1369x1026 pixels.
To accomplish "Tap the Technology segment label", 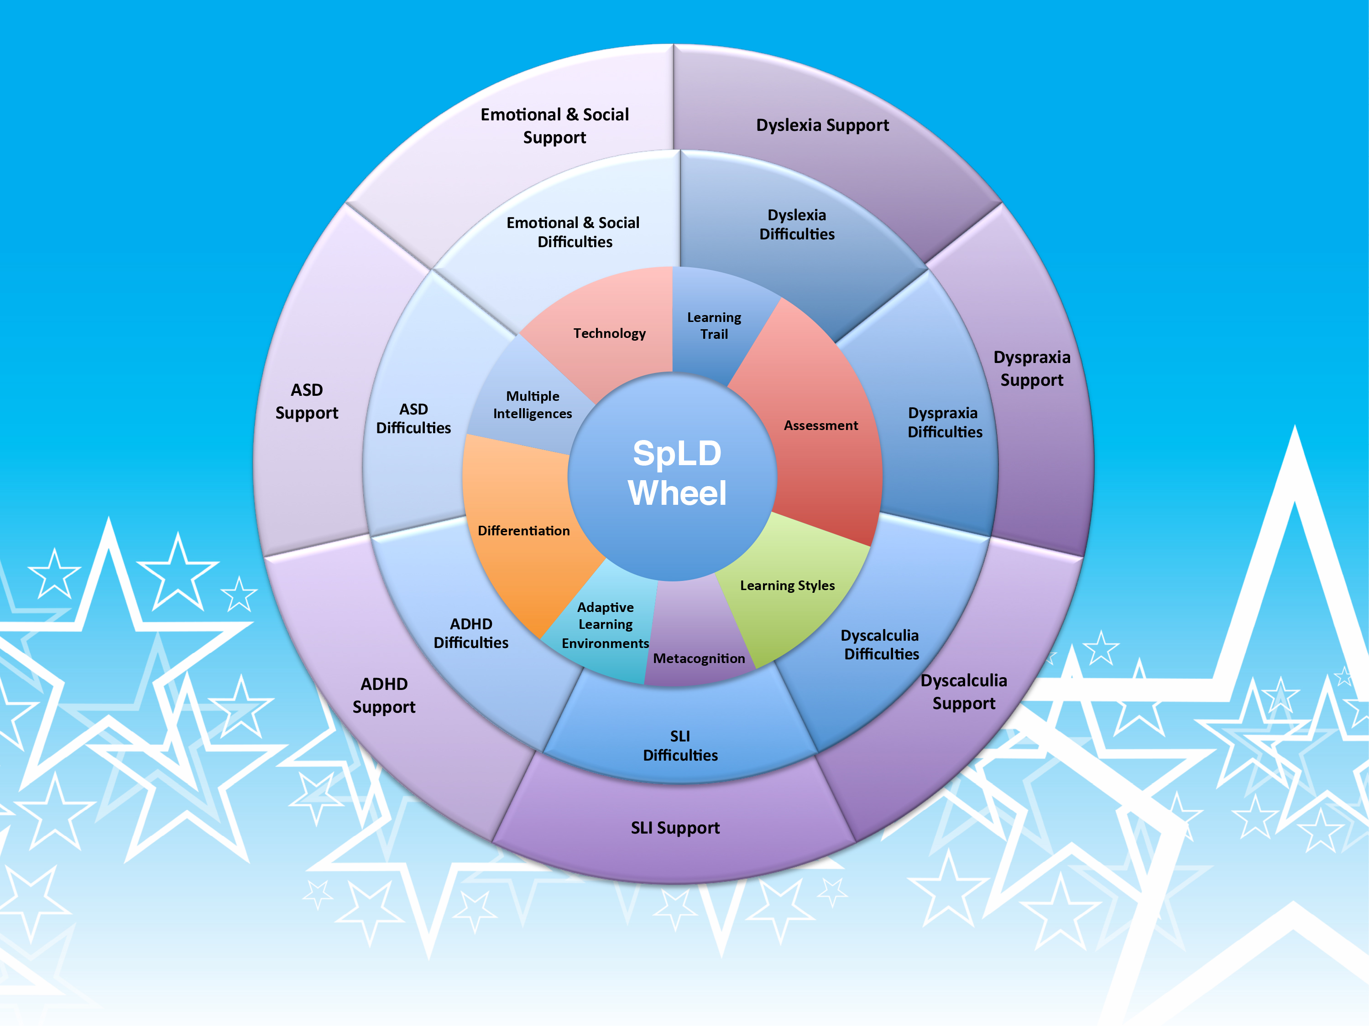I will coord(610,333).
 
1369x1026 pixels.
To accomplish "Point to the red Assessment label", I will coord(820,425).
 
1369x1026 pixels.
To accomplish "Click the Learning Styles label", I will coord(787,585).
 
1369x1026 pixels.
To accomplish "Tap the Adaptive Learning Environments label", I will coord(605,625).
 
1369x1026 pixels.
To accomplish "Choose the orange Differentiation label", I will coord(523,531).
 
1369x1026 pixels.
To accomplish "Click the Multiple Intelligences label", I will coord(532,404).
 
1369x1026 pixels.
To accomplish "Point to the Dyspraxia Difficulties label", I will coord(945,422).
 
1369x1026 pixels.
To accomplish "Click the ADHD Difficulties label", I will coord(471,633).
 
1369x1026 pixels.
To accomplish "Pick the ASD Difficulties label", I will coord(413,419).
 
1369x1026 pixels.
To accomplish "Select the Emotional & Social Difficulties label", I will coord(574,232).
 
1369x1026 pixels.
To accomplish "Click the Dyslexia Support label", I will coord(822,125).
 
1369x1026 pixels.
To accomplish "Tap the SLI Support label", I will coord(675,828).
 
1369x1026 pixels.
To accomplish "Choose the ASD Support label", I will coord(307,401).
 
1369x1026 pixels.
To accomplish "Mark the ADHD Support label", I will coord(384,695).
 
